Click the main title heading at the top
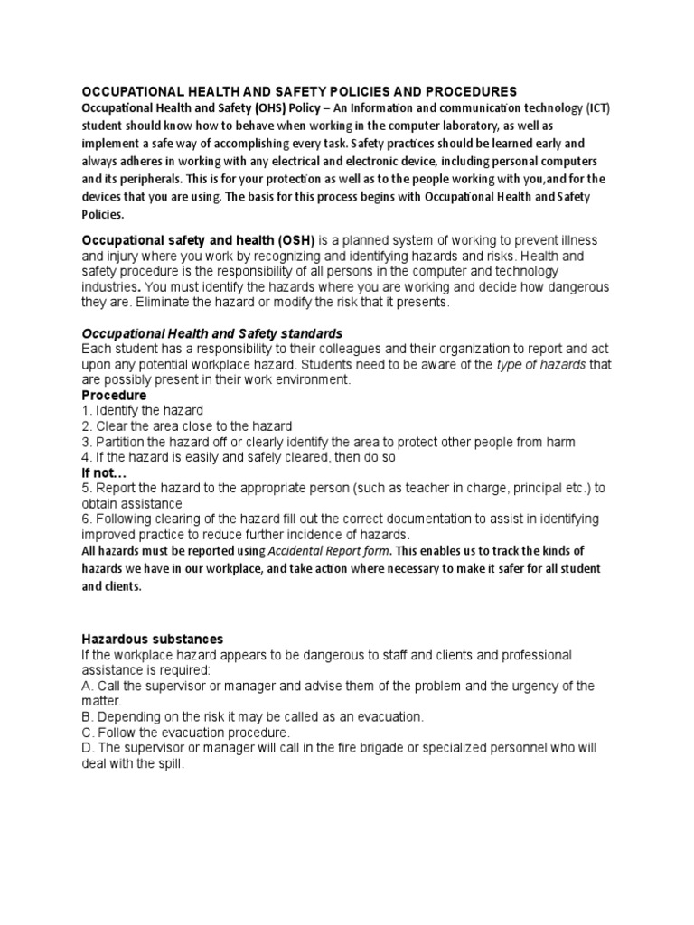point(299,91)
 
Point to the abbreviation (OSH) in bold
point(288,240)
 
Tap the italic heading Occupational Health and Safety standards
point(212,333)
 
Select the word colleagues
point(344,349)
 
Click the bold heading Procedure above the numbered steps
point(114,395)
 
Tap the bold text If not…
point(105,472)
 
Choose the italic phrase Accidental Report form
point(321,551)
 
